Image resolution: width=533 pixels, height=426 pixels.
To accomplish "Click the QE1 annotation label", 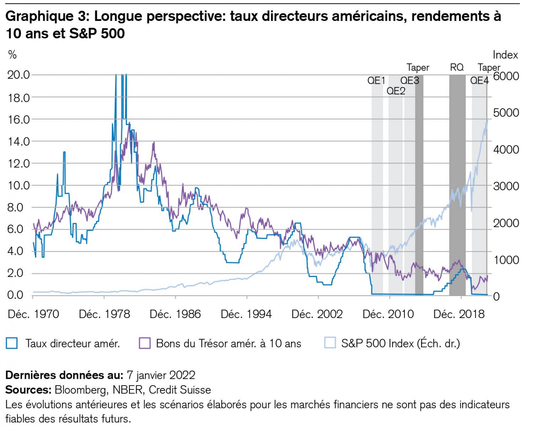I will (376, 81).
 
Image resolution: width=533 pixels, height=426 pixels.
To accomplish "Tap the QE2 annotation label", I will (396, 91).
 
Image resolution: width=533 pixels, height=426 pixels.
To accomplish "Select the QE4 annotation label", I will (479, 81).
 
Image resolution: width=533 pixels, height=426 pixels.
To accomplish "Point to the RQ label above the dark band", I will (457, 67).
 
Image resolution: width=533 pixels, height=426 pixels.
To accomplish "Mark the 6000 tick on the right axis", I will (506, 76).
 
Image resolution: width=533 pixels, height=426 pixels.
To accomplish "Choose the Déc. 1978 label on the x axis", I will (104, 314).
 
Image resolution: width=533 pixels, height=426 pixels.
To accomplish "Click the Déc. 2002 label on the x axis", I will (317, 314).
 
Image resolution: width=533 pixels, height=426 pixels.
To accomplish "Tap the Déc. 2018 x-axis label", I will (459, 314).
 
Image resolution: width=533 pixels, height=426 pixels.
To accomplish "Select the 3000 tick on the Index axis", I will (506, 186).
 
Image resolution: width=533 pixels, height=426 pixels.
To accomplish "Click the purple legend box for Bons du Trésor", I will (145, 343).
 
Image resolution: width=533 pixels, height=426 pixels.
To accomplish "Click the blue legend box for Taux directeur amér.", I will (12, 343).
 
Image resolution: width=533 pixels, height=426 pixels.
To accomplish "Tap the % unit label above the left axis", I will (12, 55).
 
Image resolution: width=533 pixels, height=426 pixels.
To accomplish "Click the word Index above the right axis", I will (505, 55).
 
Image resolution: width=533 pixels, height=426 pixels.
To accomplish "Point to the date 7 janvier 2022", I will (161, 375).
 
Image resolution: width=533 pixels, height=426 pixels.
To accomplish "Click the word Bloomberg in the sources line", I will (80, 390).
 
